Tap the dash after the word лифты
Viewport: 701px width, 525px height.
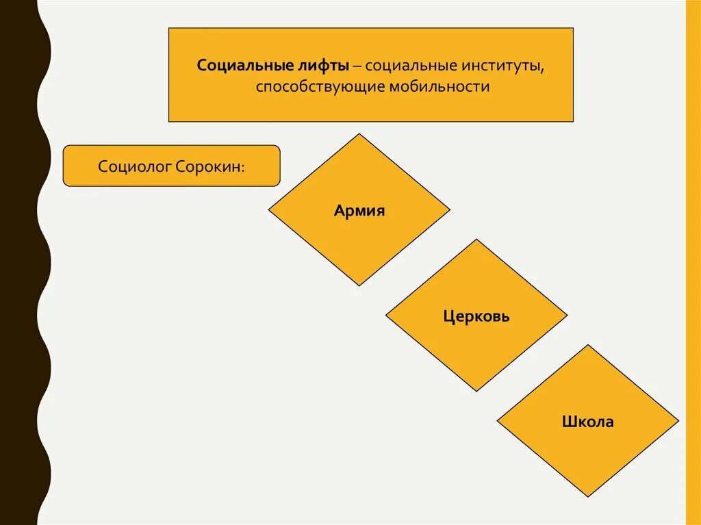[x=358, y=65]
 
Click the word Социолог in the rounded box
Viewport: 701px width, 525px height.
[x=134, y=166]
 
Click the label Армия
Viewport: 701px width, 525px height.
[x=359, y=210]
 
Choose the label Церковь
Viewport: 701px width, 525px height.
[x=476, y=316]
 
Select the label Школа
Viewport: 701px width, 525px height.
[x=588, y=422]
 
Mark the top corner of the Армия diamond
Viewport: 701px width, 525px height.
[x=359, y=135]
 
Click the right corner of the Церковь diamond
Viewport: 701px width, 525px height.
[x=566, y=316]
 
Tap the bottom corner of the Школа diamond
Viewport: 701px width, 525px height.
[x=588, y=496]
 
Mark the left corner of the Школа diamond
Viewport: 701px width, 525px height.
[x=498, y=420]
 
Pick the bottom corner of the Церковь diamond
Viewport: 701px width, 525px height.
[x=476, y=390]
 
